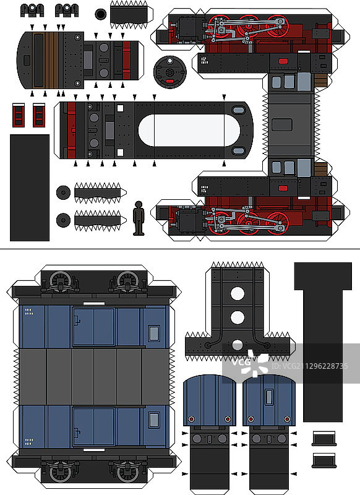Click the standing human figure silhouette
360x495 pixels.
click(139, 218)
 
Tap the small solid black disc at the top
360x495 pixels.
click(101, 14)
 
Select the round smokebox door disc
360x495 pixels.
click(169, 72)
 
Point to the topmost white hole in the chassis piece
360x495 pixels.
click(238, 294)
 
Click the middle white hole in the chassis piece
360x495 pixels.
click(238, 317)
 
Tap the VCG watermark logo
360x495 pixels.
click(250, 363)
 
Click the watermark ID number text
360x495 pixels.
click(309, 366)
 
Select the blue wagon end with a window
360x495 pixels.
click(269, 400)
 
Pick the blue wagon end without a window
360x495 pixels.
click(210, 400)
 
